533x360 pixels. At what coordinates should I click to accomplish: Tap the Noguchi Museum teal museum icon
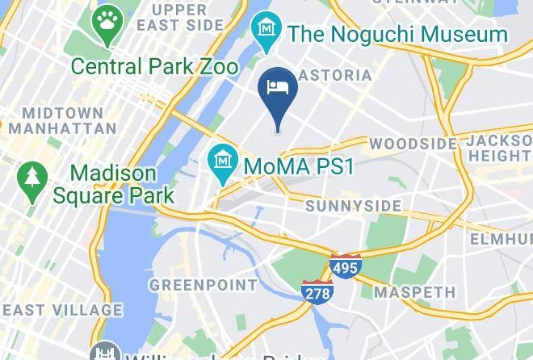pyautogui.click(x=264, y=30)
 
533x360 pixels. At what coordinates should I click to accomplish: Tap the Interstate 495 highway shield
pyautogui.click(x=344, y=266)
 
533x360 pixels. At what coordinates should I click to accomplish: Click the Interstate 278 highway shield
pyautogui.click(x=317, y=291)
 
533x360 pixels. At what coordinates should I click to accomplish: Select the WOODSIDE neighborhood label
pyautogui.click(x=413, y=144)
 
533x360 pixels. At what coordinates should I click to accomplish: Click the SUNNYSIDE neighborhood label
pyautogui.click(x=353, y=207)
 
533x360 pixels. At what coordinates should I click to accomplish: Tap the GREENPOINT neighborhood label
pyautogui.click(x=203, y=285)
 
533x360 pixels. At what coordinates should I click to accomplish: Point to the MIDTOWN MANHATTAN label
pyautogui.click(x=69, y=120)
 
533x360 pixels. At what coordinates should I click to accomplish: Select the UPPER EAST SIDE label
pyautogui.click(x=179, y=17)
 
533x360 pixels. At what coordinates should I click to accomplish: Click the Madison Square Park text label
pyautogui.click(x=113, y=184)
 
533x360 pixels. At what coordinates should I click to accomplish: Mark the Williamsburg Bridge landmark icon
pyautogui.click(x=104, y=354)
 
